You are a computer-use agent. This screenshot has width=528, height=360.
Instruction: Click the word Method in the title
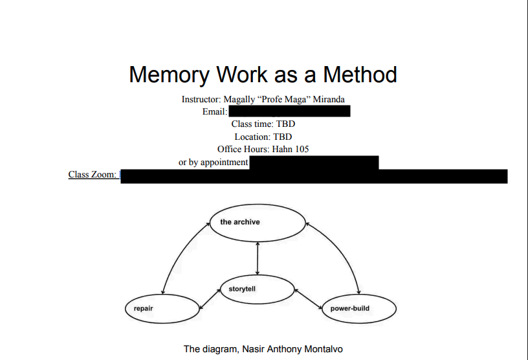coord(360,74)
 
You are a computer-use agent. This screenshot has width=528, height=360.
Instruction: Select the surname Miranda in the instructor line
coord(329,100)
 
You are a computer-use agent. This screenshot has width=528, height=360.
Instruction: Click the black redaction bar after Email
coord(289,111)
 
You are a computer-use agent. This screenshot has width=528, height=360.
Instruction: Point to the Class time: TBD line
coord(263,124)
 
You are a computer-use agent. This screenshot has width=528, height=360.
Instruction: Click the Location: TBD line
coord(263,137)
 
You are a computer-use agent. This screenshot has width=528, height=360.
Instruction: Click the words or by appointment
coord(214,162)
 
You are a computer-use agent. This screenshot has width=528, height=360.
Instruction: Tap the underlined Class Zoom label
coord(93,174)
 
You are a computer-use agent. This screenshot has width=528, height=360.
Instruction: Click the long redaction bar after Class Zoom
coord(314,175)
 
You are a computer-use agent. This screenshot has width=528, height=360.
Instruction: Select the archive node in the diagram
coord(258,223)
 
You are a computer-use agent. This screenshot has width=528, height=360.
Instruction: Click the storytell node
coord(258,289)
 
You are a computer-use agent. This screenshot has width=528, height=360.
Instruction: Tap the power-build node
coord(358,309)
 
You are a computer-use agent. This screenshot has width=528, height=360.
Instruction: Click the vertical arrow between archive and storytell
coord(258,258)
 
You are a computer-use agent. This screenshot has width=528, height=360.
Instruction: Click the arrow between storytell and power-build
coord(309,298)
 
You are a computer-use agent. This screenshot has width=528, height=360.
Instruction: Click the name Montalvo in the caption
coord(320,349)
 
